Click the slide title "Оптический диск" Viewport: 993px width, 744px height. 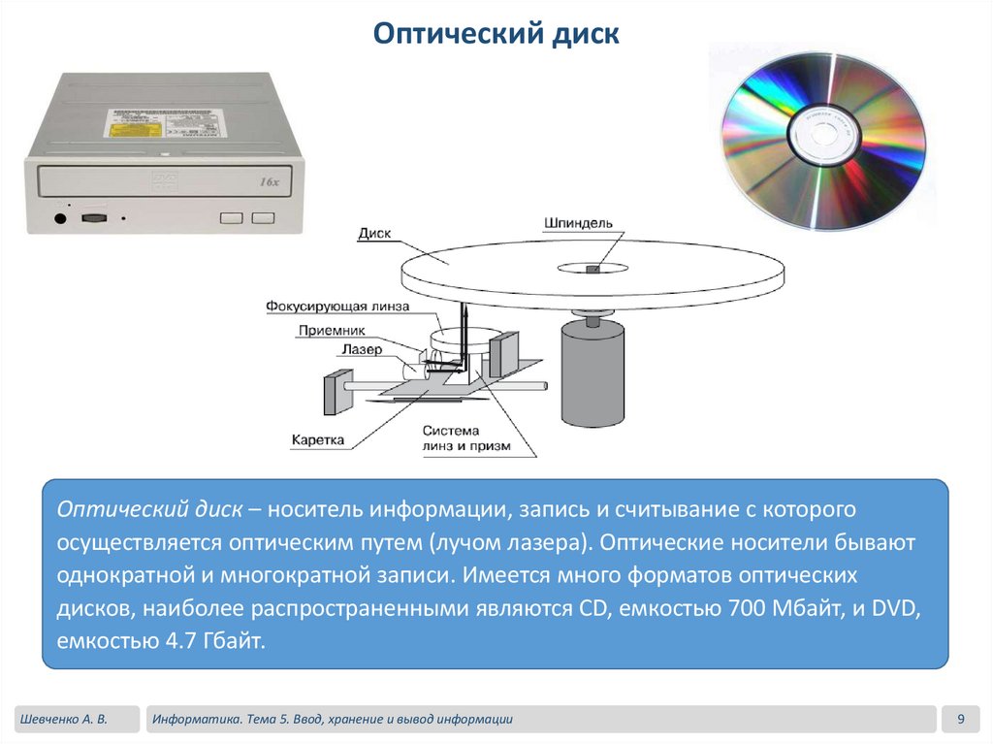496,36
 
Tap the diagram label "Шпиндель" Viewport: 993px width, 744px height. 579,222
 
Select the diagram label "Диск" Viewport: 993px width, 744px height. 374,234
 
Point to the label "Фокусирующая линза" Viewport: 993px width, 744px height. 337,307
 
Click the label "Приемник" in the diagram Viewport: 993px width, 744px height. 332,329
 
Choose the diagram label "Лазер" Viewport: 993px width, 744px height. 362,349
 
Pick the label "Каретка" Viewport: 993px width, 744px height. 318,440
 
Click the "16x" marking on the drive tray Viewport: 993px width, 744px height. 270,181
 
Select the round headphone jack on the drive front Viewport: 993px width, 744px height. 61,217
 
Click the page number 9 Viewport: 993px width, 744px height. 960,719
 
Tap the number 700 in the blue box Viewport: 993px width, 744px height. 745,609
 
